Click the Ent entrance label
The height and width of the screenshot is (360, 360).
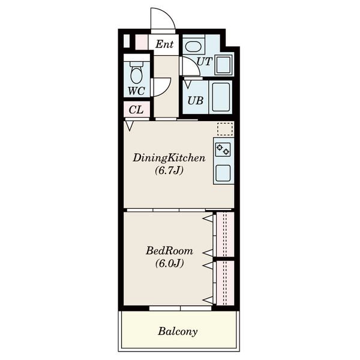164,44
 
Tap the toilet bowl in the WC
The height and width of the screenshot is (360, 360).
137,73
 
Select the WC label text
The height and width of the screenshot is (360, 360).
136,91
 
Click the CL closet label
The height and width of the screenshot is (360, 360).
136,110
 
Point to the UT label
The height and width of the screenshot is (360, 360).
204,62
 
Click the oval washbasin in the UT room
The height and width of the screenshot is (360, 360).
194,47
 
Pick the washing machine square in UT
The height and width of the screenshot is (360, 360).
224,65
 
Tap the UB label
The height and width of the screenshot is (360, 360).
196,101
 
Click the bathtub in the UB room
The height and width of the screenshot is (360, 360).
221,97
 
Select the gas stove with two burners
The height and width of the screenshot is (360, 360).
223,149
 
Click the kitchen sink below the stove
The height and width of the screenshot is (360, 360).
223,173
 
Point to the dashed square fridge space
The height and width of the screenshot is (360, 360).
225,129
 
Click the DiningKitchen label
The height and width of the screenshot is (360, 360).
169,158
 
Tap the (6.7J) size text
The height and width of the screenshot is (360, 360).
169,170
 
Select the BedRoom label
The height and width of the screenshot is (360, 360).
169,251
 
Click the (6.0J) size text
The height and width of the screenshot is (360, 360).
169,263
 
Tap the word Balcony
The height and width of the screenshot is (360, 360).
178,331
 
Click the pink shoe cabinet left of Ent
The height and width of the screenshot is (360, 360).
142,42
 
